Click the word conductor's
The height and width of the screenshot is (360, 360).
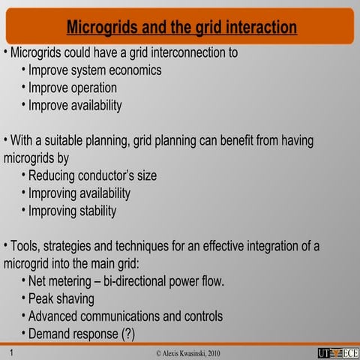click(x=100, y=176)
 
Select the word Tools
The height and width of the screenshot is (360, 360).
click(x=22, y=246)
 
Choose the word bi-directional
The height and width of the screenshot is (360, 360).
click(x=146, y=282)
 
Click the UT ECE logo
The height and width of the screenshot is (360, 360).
click(x=337, y=352)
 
